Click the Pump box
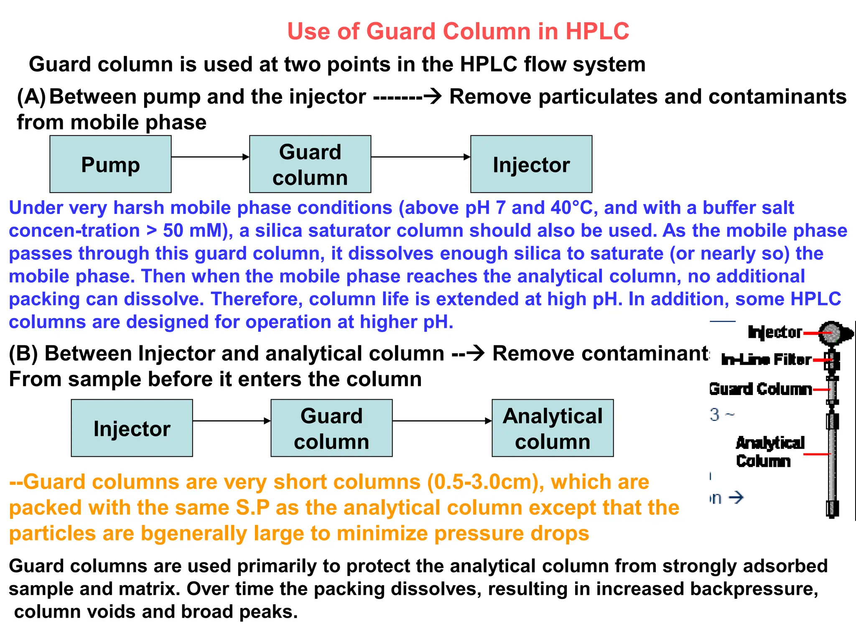point(110,164)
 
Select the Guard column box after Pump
point(310,164)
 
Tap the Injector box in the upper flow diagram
point(531,164)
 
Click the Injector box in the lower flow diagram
point(132,428)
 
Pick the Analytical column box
point(552,428)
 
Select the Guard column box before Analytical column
point(331,428)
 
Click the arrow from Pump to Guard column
point(210,157)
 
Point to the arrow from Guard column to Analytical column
point(442,421)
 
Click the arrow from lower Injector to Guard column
point(232,421)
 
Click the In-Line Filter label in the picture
point(766,360)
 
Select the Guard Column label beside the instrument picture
point(760,389)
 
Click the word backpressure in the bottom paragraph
point(754,588)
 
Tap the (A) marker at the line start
point(31,97)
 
